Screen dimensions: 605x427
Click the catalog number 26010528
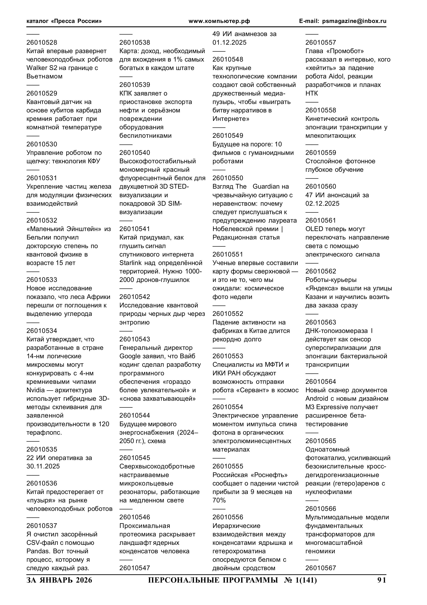tap(42, 42)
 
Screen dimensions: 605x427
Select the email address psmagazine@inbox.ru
tap(354, 21)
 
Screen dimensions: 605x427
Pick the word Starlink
tap(130, 263)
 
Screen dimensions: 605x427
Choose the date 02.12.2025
tap(322, 203)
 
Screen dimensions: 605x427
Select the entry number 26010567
tap(320, 568)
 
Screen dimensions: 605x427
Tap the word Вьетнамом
tap(44, 76)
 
